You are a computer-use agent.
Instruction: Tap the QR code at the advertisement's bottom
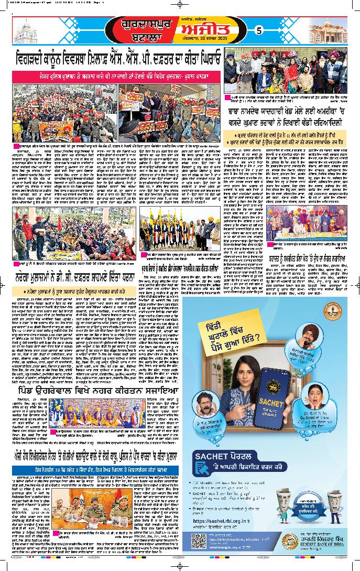200,542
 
